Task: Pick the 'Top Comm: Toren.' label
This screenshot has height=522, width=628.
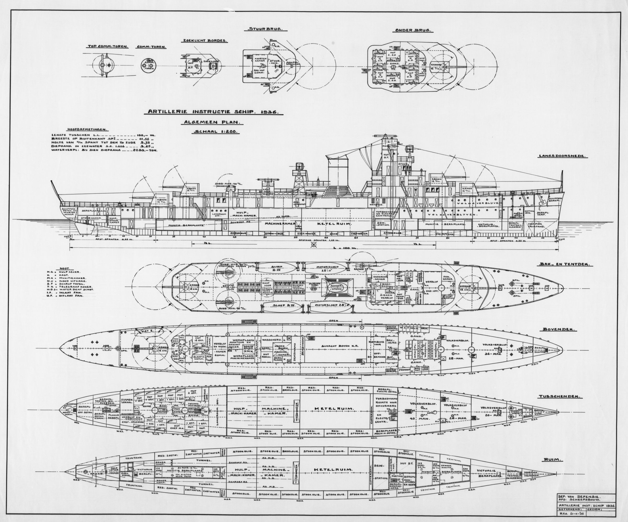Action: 108,47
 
